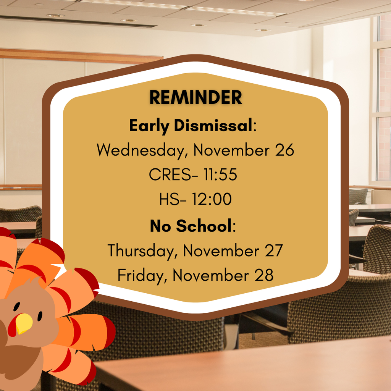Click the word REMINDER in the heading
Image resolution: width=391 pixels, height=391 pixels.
pyautogui.click(x=195, y=97)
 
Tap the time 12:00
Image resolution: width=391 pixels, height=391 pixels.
pyautogui.click(x=212, y=199)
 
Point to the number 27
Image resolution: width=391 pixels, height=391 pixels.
pyautogui.click(x=273, y=251)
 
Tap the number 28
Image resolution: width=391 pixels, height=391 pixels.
pyautogui.click(x=263, y=275)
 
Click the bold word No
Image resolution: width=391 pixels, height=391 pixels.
pyautogui.click(x=160, y=226)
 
